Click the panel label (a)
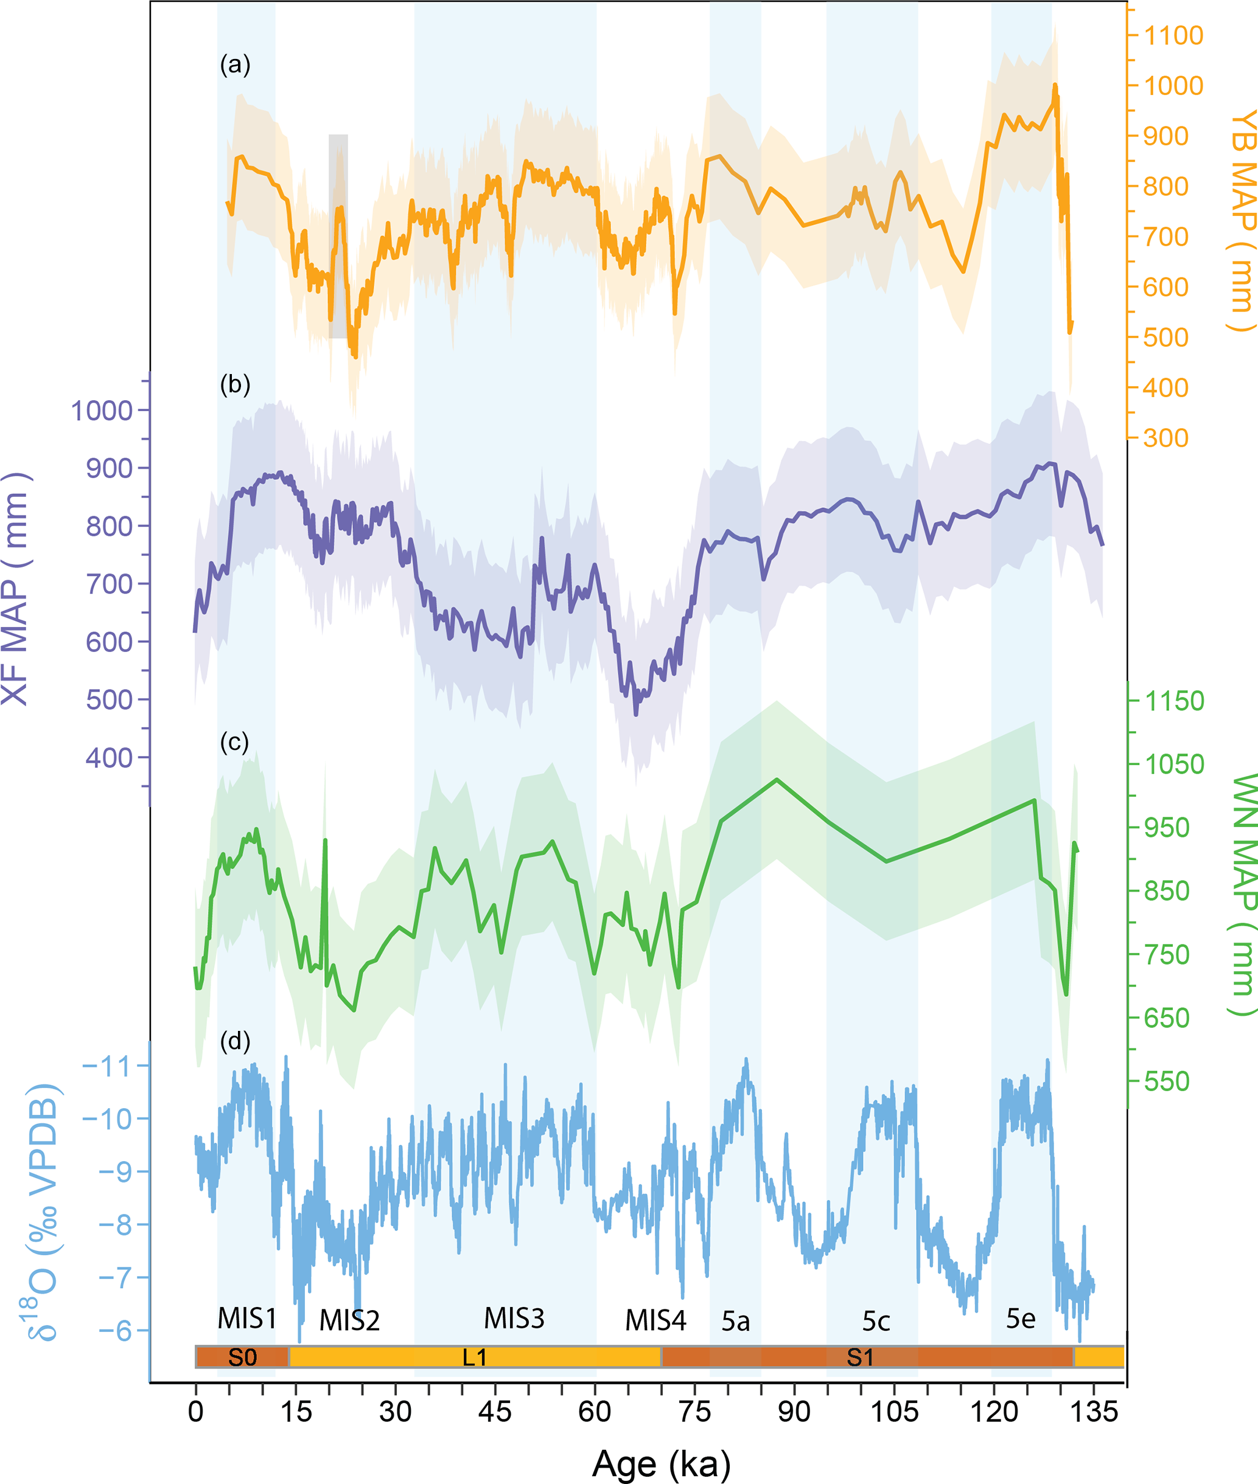pyautogui.click(x=235, y=65)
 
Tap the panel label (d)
pyautogui.click(x=235, y=1041)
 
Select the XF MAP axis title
pyautogui.click(x=16, y=589)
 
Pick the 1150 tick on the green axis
pyautogui.click(x=1175, y=701)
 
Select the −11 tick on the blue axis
pyautogui.click(x=107, y=1067)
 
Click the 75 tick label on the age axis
pyautogui.click(x=694, y=1411)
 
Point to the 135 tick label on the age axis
pyautogui.click(x=1094, y=1411)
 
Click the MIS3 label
pyautogui.click(x=514, y=1319)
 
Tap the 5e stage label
pyautogui.click(x=1021, y=1319)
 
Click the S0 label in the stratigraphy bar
pyautogui.click(x=242, y=1357)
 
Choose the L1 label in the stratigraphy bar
pyautogui.click(x=474, y=1357)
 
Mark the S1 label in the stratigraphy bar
pyautogui.click(x=859, y=1357)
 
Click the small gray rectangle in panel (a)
pyautogui.click(x=338, y=235)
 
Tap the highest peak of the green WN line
pyautogui.click(x=777, y=779)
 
